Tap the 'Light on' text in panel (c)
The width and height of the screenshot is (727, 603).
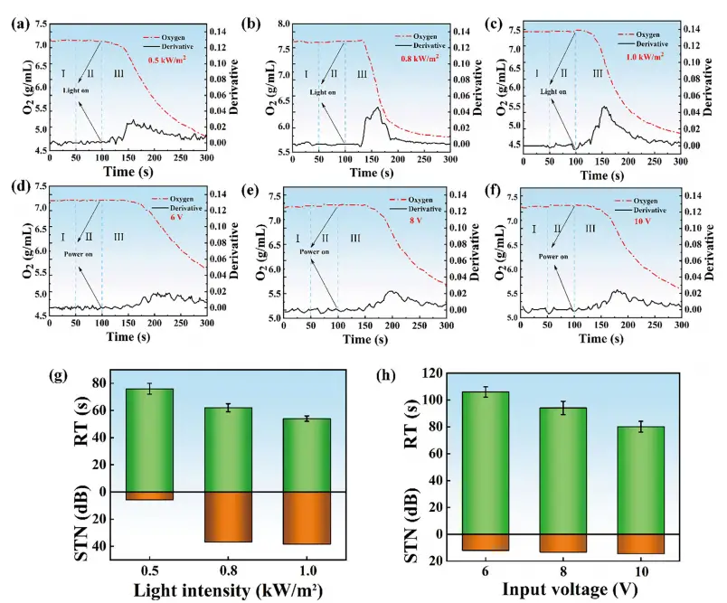553,91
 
